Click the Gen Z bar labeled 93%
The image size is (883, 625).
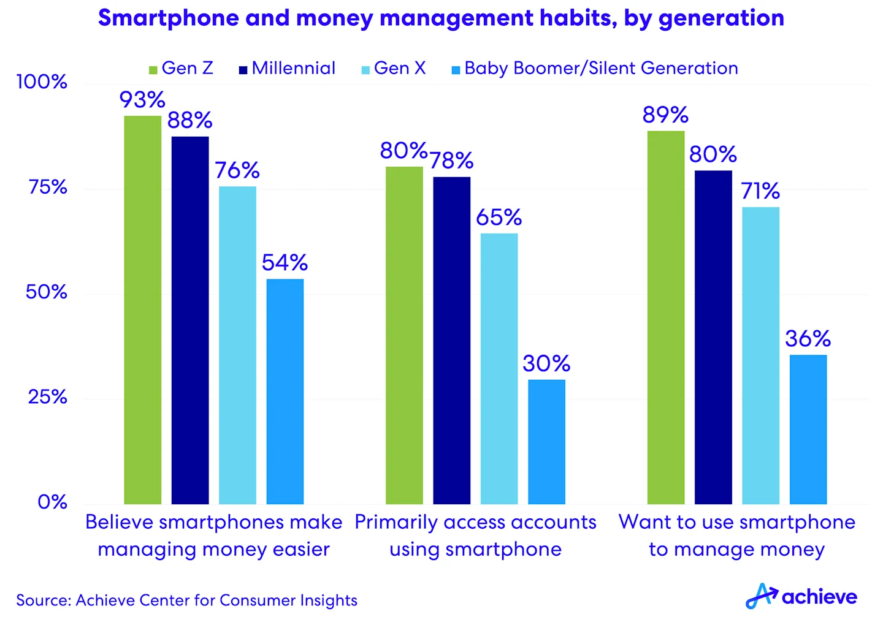pyautogui.click(x=143, y=309)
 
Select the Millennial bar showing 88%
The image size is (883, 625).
pyautogui.click(x=190, y=320)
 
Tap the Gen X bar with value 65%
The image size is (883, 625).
pyautogui.click(x=499, y=368)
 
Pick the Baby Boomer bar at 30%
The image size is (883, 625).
pyautogui.click(x=546, y=442)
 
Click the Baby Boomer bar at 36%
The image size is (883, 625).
pyautogui.click(x=808, y=429)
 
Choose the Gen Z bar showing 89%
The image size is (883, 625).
pyautogui.click(x=666, y=317)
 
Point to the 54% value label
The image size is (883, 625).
pyautogui.click(x=285, y=263)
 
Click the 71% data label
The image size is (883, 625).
pyautogui.click(x=760, y=191)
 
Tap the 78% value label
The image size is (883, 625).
pyautogui.click(x=451, y=161)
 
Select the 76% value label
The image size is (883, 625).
pyautogui.click(x=237, y=170)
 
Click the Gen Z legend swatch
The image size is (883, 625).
pyautogui.click(x=153, y=70)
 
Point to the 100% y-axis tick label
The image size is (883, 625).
pyautogui.click(x=42, y=81)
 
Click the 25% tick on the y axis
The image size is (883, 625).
pyautogui.click(x=47, y=397)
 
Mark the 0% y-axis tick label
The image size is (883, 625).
pyautogui.click(x=52, y=502)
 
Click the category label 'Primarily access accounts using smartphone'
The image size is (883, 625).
pyautogui.click(x=475, y=535)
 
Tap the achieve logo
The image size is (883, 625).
pyautogui.click(x=801, y=596)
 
